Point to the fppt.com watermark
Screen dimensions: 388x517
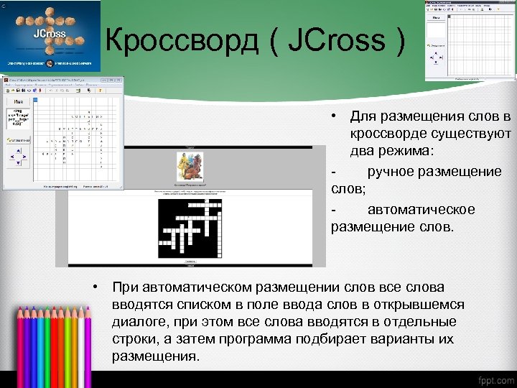(x=493, y=379)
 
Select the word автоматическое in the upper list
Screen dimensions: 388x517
(x=421, y=209)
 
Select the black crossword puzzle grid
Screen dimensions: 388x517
(x=190, y=228)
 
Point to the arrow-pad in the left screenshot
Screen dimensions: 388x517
(x=19, y=156)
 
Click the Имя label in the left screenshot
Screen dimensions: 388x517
(x=19, y=103)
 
